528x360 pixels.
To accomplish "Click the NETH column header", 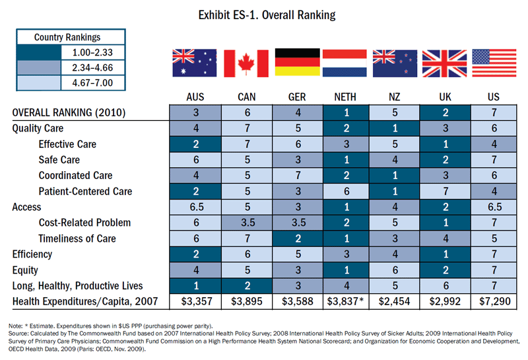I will click(x=345, y=97).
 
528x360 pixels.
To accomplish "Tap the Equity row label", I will click(x=25, y=270).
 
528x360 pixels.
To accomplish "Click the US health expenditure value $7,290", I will click(x=493, y=301).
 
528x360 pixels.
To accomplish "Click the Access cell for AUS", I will click(x=197, y=207).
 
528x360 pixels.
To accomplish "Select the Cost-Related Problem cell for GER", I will click(x=296, y=223).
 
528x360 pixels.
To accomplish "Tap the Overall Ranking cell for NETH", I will click(x=345, y=113).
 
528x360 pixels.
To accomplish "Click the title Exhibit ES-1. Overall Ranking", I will click(x=263, y=14).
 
